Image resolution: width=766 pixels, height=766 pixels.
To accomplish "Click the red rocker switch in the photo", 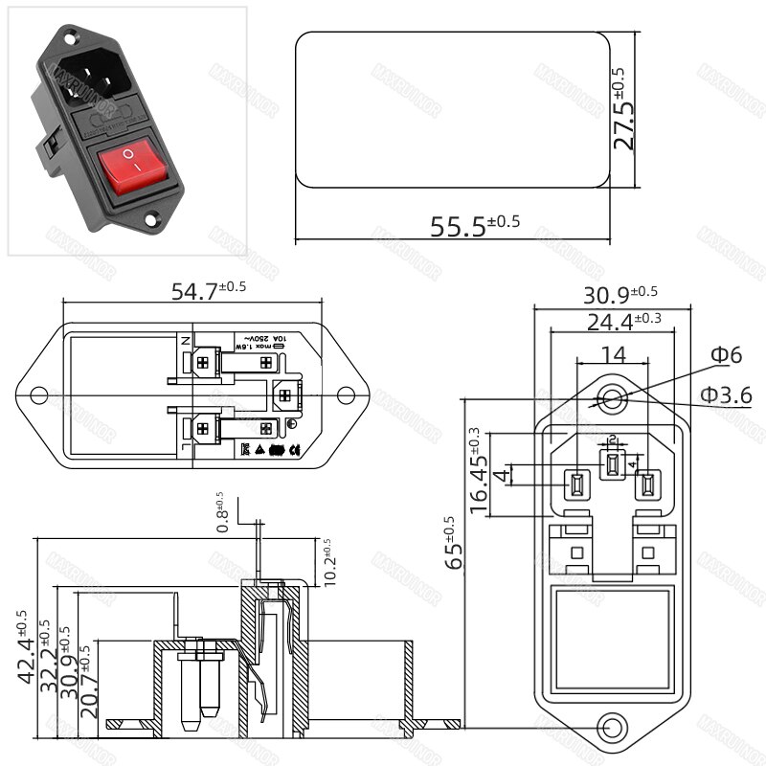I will (136, 169).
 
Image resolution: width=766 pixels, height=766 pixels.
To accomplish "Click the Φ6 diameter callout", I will (725, 355).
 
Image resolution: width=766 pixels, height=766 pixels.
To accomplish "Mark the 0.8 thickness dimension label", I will (222, 513).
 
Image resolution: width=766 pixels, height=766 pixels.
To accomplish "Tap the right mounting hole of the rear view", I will (349, 394).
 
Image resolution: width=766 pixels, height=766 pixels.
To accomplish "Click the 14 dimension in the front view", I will (613, 354).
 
